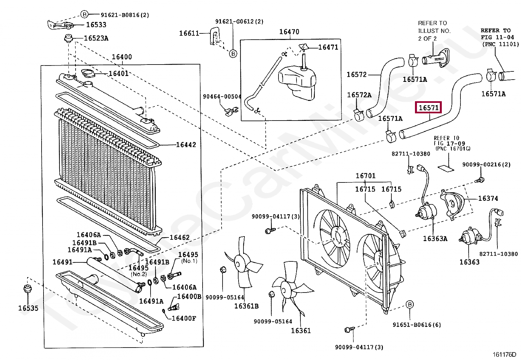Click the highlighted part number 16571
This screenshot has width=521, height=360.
(x=428, y=108)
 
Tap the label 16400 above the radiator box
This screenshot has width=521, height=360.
(x=122, y=57)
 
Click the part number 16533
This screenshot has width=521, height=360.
(x=96, y=25)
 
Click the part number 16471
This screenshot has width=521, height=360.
(x=328, y=47)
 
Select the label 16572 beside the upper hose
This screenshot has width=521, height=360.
(x=356, y=75)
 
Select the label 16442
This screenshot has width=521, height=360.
(x=186, y=145)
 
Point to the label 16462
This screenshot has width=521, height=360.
(x=180, y=237)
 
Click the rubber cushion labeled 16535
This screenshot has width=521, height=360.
(x=28, y=290)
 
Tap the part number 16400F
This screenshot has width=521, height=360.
(x=184, y=318)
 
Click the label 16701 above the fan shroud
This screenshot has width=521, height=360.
(x=366, y=176)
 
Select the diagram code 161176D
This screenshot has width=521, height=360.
(x=504, y=354)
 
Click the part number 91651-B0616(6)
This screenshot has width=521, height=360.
(x=417, y=325)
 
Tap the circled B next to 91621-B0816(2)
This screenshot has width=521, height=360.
(x=84, y=14)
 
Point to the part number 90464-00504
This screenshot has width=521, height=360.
(x=222, y=97)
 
